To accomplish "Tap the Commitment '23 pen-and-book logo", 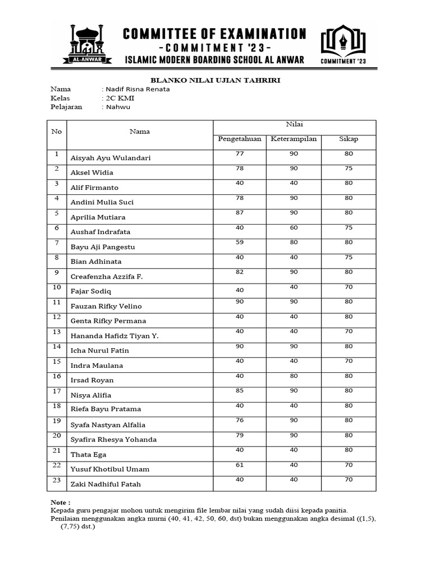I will [x=343, y=42].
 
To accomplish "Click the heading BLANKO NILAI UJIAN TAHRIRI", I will [x=216, y=80].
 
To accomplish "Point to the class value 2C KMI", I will [x=120, y=98].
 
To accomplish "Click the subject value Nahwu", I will [x=118, y=107].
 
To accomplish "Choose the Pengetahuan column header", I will [x=240, y=139].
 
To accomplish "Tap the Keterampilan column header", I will [x=294, y=139].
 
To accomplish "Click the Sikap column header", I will [x=348, y=139].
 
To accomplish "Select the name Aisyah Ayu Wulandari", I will [x=111, y=158].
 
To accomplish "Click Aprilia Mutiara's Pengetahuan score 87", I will [x=240, y=212].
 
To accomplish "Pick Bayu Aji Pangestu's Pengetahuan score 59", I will [x=240, y=242].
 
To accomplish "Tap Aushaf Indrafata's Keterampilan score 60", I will [x=294, y=227].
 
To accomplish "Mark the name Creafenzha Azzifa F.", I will [x=106, y=277].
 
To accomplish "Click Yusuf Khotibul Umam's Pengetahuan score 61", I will [x=240, y=464].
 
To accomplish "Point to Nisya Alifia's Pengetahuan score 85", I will [x=240, y=390].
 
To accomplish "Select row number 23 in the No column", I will [x=56, y=479].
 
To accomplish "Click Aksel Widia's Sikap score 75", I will [x=348, y=168].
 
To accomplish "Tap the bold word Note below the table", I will [x=61, y=502].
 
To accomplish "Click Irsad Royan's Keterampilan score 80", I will [x=294, y=376].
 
